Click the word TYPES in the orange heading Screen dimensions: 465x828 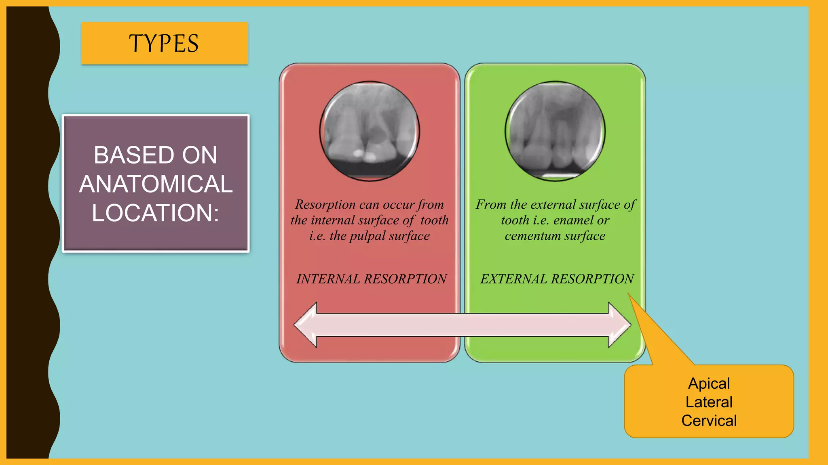click(x=164, y=44)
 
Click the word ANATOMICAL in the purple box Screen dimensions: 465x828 click(x=156, y=184)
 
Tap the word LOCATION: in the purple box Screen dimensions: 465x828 click(x=155, y=213)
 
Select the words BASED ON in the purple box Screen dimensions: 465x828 click(x=156, y=155)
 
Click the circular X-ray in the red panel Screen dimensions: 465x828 click(x=370, y=131)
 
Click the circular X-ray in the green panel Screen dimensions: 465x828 click(x=555, y=131)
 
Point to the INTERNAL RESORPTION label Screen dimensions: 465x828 click(x=371, y=279)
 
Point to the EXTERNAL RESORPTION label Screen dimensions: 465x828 click(x=557, y=279)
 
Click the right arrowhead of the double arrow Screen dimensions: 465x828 click(x=619, y=325)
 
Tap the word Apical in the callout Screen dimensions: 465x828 click(x=709, y=383)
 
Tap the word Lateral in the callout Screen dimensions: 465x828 click(x=709, y=402)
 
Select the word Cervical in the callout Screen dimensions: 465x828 click(x=709, y=421)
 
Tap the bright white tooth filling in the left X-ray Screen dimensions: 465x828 click(x=358, y=153)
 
